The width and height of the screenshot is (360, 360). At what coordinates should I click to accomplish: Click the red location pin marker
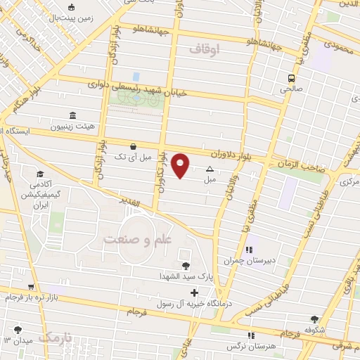pyautogui.click(x=181, y=165)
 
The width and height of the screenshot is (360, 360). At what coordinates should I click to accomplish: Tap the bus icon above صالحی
pyautogui.click(x=290, y=78)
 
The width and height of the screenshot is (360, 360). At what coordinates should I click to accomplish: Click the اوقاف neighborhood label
pyautogui.click(x=205, y=49)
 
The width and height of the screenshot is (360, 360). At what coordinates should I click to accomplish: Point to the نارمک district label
pyautogui.click(x=56, y=338)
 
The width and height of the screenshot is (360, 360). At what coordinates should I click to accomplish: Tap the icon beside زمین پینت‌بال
pyautogui.click(x=71, y=8)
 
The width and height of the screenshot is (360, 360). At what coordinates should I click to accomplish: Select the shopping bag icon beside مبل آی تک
pyautogui.click(x=133, y=146)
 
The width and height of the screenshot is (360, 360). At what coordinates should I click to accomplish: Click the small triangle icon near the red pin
pyautogui.click(x=210, y=169)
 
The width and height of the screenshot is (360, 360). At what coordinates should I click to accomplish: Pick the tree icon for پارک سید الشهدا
pyautogui.click(x=185, y=265)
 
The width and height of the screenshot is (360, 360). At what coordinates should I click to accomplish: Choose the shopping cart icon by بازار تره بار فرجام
pyautogui.click(x=30, y=287)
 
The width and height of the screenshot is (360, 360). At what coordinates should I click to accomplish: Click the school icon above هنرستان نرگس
pyautogui.click(x=250, y=335)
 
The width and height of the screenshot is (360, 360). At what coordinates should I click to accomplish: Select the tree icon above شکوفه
pyautogui.click(x=314, y=319)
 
